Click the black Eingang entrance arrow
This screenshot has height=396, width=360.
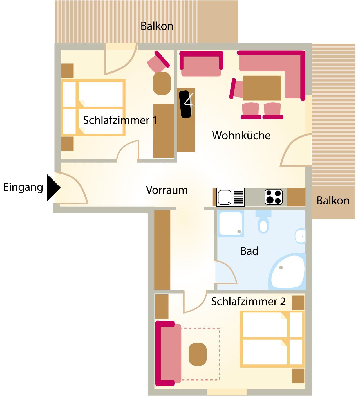pyautogui.click(x=53, y=188)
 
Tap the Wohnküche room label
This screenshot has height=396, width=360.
pyautogui.click(x=241, y=135)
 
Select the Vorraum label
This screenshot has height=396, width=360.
pyautogui.click(x=167, y=190)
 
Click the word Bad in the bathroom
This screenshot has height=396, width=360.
pyautogui.click(x=249, y=251)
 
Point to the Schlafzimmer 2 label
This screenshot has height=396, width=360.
pyautogui.click(x=248, y=301)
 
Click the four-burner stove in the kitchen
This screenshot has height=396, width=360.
pyautogui.click(x=274, y=197)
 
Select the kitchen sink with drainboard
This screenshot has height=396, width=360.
pyautogui.click(x=231, y=197)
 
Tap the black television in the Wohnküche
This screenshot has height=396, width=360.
pyautogui.click(x=186, y=104)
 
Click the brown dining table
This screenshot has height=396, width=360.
pyautogui.click(x=262, y=88)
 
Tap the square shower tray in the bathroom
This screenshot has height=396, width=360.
pyautogui.click(x=231, y=224)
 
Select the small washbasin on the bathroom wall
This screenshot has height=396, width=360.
pyautogui.click(x=300, y=236)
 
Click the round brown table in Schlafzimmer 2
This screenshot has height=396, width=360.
pyautogui.click(x=198, y=354)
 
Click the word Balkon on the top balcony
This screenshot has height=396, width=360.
pyautogui.click(x=157, y=26)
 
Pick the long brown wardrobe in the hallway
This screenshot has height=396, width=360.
pyautogui.click(x=162, y=250)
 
